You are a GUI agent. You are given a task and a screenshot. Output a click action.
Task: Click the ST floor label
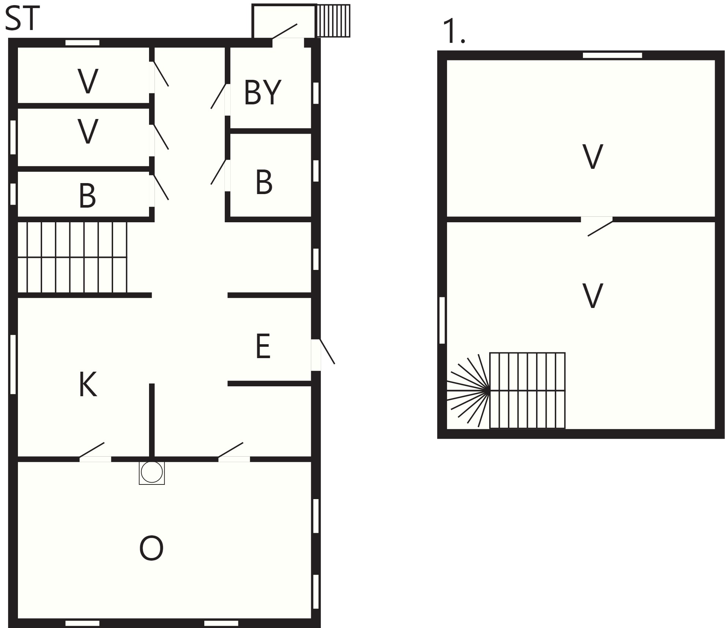pyautogui.click(x=22, y=19)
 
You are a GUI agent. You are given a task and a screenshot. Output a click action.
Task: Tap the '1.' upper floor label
pyautogui.click(x=453, y=31)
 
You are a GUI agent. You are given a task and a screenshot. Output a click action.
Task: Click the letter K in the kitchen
pyautogui.click(x=88, y=384)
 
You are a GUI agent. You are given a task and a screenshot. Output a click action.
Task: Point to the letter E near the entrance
pyautogui.click(x=263, y=346)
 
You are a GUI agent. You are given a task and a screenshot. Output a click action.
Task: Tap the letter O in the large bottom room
pyautogui.click(x=151, y=548)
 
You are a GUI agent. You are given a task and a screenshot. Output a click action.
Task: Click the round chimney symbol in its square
pyautogui.click(x=152, y=472)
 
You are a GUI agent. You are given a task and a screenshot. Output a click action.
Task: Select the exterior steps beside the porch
pyautogui.click(x=333, y=21)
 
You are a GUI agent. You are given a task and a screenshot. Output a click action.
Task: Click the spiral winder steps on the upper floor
pyautogui.click(x=468, y=390)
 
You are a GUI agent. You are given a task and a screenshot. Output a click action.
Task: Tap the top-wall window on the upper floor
pyautogui.click(x=612, y=55)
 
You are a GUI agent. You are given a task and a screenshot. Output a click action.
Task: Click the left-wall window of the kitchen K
pyautogui.click(x=13, y=364)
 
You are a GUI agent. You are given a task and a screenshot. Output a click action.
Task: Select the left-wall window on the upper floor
pyautogui.click(x=442, y=320)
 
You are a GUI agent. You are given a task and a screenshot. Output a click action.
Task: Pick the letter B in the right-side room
pyautogui.click(x=264, y=182)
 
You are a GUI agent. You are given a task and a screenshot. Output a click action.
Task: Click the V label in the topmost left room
pyautogui.click(x=88, y=81)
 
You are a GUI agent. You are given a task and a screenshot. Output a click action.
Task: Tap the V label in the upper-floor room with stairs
pyautogui.click(x=592, y=296)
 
